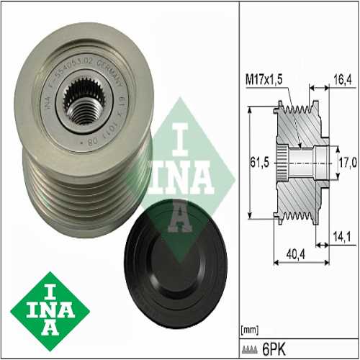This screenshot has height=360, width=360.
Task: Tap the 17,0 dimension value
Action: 348,163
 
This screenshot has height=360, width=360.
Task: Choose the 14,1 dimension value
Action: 341,235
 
